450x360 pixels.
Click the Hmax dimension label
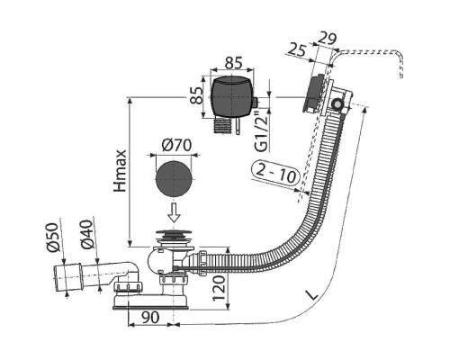tap(121, 171)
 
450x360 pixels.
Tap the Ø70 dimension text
tap(176, 145)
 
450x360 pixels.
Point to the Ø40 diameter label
tap(86, 235)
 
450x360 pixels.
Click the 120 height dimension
tap(219, 288)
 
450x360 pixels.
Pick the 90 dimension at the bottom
tap(150, 318)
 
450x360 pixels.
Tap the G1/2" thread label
tap(263, 131)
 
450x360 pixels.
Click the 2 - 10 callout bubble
tap(276, 173)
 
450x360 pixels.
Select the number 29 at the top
tap(327, 39)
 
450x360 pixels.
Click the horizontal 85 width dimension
tap(233, 62)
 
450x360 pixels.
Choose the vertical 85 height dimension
tap(197, 95)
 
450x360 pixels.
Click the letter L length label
tap(312, 295)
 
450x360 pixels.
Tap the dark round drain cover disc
tap(174, 179)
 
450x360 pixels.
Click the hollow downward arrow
tap(175, 212)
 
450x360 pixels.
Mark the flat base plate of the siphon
tap(150, 307)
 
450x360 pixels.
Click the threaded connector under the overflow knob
tap(222, 126)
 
